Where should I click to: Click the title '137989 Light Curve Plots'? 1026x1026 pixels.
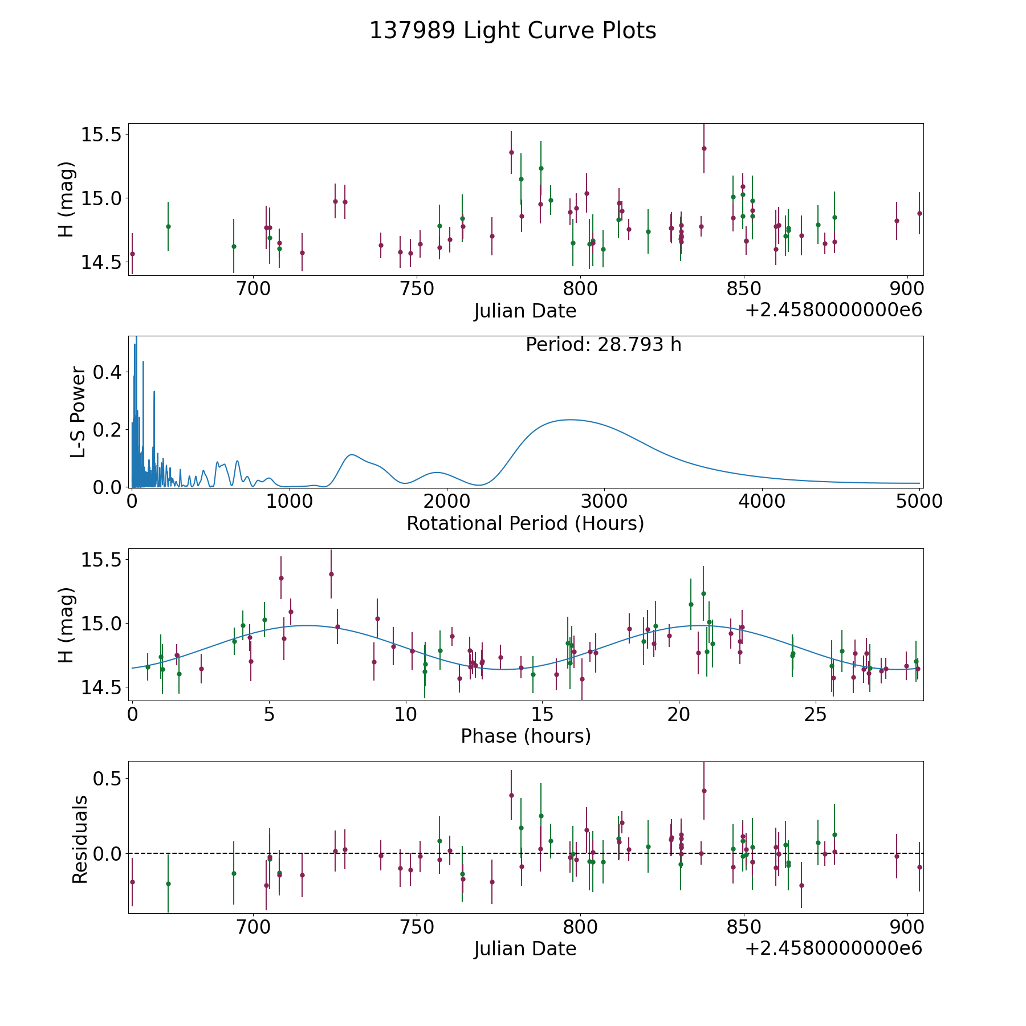click(512, 31)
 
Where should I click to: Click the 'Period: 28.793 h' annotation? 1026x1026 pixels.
click(603, 345)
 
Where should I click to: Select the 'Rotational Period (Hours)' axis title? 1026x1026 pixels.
click(525, 523)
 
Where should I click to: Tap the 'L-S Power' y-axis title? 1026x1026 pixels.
click(78, 412)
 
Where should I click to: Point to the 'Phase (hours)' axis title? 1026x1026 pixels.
click(526, 736)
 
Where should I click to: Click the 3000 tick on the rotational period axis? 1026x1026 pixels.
click(604, 501)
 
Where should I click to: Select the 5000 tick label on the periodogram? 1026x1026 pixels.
click(919, 501)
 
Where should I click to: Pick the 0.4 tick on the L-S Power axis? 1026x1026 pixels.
click(108, 372)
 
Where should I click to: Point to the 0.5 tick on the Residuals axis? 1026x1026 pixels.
click(108, 779)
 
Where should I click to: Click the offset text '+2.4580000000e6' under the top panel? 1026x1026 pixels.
click(833, 310)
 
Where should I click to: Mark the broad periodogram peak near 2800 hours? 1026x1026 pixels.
click(570, 420)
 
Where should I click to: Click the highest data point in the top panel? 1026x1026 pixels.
click(704, 148)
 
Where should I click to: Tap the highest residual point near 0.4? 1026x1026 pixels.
click(704, 791)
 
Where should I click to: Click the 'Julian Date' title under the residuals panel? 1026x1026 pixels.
click(525, 948)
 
